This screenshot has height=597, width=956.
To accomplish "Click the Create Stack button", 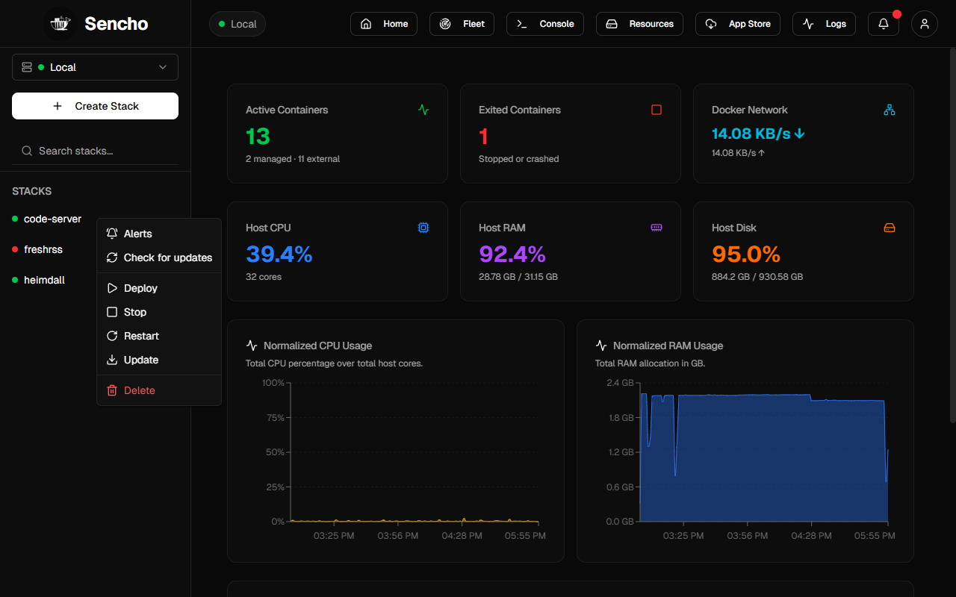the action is point(95,106).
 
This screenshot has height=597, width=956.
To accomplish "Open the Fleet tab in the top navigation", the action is point(462,24).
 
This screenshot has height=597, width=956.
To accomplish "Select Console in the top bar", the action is point(545,24).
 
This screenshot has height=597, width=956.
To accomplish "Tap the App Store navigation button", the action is point(737,24).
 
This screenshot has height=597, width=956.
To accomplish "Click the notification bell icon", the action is point(884,24).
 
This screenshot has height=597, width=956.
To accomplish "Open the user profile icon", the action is point(925,24).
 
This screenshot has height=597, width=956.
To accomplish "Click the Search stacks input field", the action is point(95,151).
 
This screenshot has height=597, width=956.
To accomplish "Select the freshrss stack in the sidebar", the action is point(43,249).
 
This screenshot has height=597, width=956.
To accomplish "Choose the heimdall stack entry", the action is point(44,280).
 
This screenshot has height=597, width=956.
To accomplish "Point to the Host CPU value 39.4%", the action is point(279,254).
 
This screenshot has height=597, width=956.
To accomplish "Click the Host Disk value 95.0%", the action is point(746,254).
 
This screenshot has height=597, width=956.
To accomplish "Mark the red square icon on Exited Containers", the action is point(657,110).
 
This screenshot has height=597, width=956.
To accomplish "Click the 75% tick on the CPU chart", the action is point(276,417).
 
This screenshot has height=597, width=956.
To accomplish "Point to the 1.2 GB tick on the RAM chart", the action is point(621,452).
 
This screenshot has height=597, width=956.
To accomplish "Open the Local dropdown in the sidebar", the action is point(95,67).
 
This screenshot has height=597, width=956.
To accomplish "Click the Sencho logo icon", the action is point(60,24).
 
